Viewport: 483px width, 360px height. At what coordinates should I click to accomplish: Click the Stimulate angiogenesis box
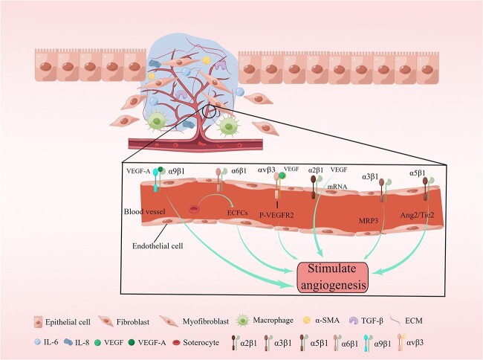332,277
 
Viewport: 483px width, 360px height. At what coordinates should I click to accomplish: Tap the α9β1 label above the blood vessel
176,171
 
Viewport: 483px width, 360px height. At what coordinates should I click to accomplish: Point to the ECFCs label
237,213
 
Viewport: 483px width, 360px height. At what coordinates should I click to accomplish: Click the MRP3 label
368,221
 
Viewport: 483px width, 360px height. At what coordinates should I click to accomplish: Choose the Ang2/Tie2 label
417,215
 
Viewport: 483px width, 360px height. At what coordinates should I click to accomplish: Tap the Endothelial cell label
158,246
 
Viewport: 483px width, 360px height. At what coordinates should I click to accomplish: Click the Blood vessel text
144,212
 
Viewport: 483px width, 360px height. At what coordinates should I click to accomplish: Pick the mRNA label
337,187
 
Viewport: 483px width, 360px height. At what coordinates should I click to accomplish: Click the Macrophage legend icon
243,321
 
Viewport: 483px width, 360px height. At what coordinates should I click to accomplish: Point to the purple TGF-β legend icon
354,321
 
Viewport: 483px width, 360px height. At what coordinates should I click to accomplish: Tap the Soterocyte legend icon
177,342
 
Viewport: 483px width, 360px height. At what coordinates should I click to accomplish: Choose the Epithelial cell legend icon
38,321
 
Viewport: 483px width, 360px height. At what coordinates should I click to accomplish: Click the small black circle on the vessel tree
210,111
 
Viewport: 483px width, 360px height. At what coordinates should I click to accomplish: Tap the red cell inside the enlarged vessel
194,210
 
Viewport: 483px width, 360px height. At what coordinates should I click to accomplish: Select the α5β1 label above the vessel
418,173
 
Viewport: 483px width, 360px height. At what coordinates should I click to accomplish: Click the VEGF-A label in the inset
138,171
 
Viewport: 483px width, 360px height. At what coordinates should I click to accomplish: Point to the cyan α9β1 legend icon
368,342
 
